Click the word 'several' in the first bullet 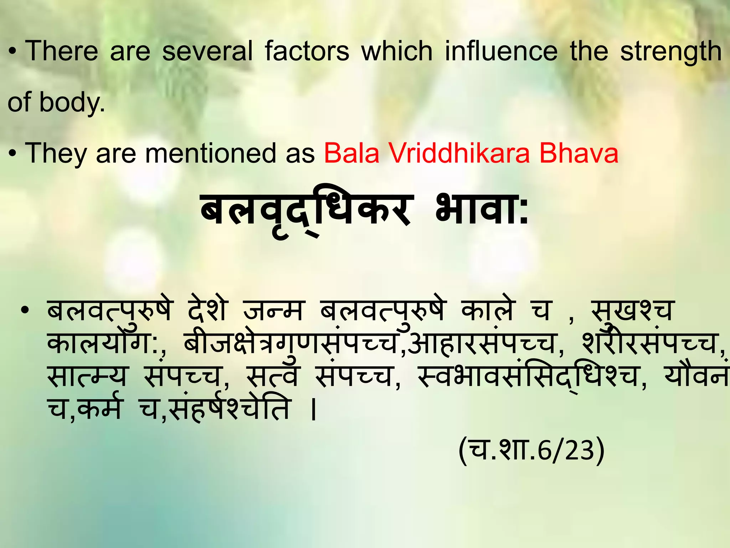[x=207, y=51]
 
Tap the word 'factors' [x=307, y=51]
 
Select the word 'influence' [x=501, y=51]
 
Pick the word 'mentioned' [x=210, y=153]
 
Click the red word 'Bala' [x=351, y=153]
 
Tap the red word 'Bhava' [x=579, y=153]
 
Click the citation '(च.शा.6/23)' [x=531, y=450]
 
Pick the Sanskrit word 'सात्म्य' [x=87, y=376]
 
